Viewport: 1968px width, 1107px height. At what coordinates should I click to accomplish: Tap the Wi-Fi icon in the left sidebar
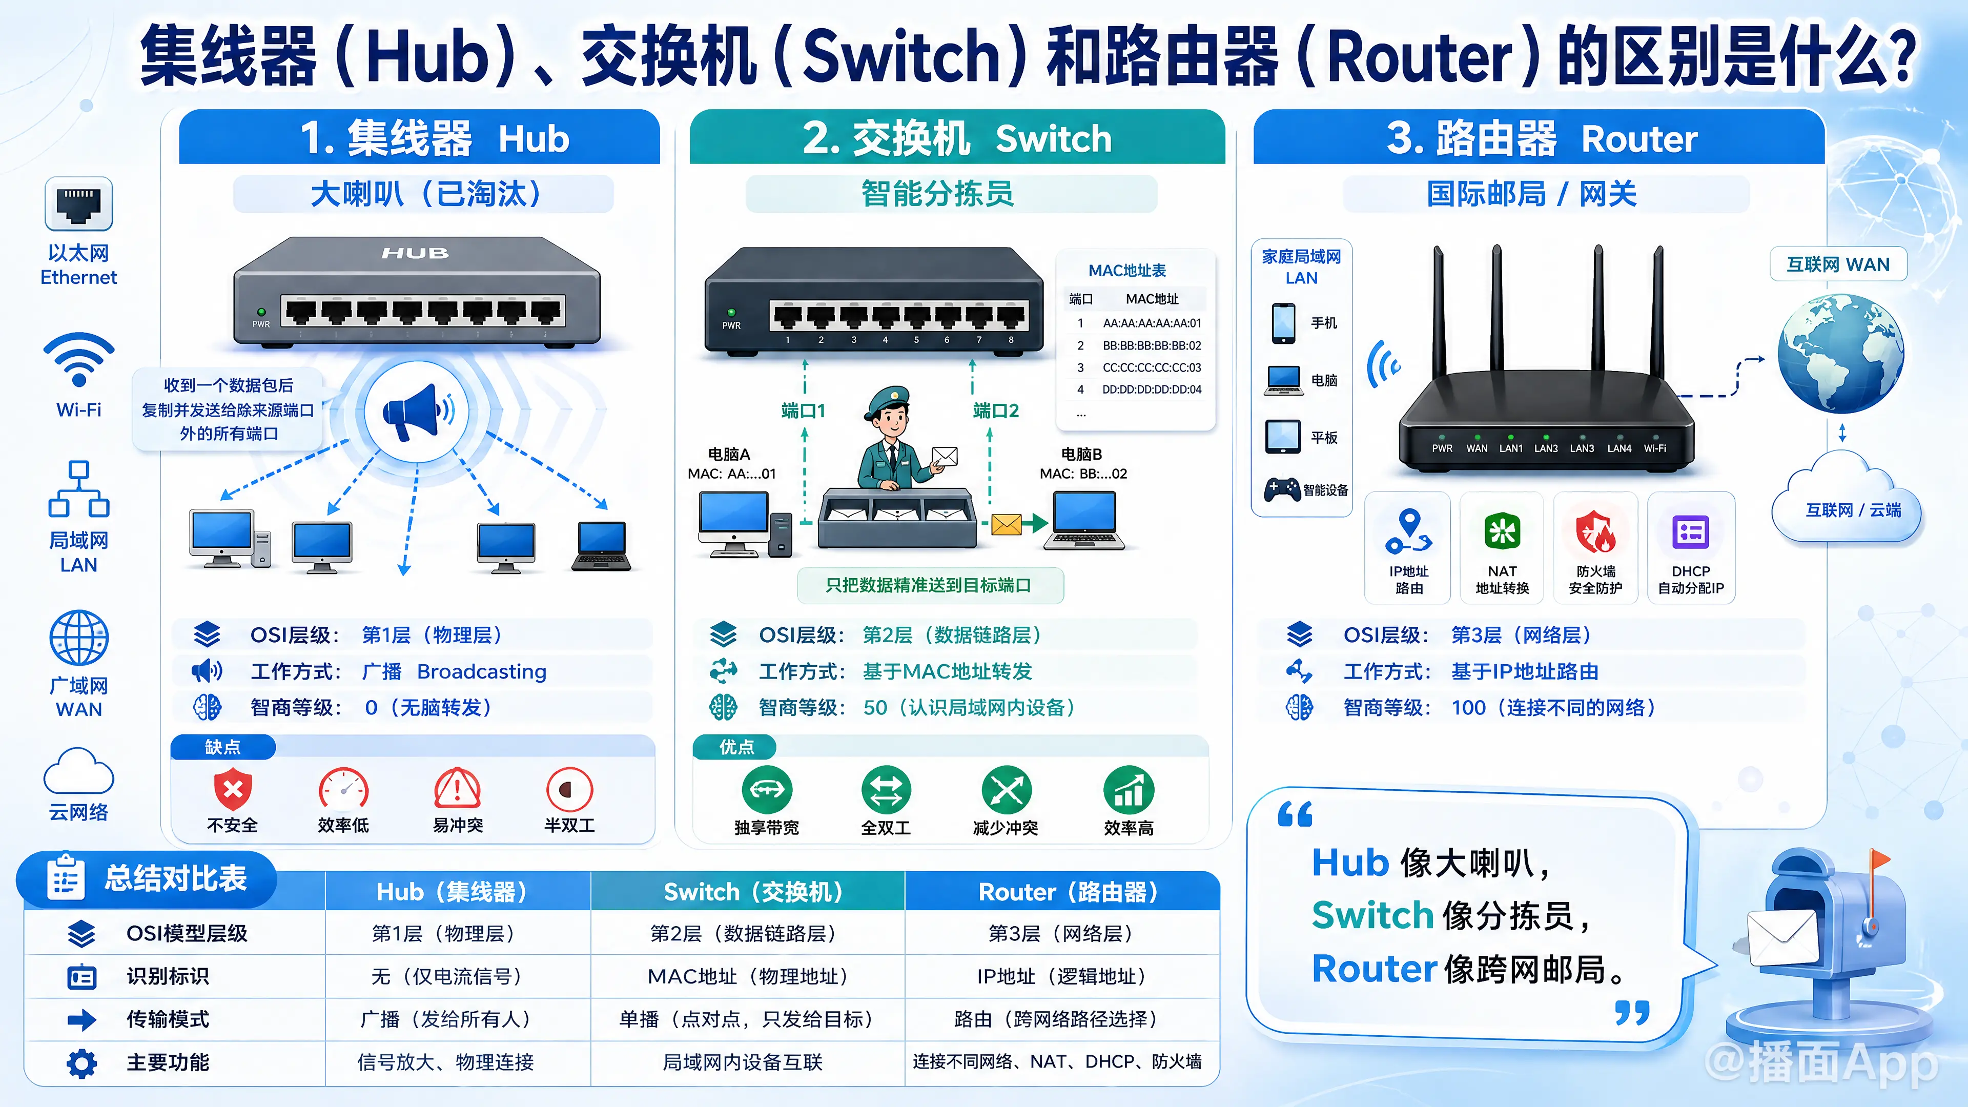coord(79,359)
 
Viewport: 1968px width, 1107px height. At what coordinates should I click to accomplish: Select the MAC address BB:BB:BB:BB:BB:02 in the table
coord(1151,345)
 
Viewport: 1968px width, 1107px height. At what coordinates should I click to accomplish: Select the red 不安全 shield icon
coord(233,789)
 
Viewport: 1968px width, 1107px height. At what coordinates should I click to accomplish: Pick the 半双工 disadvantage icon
coord(569,789)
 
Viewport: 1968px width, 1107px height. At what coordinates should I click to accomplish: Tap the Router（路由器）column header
coord(1069,892)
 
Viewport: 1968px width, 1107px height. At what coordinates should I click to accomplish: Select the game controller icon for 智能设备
coord(1282,489)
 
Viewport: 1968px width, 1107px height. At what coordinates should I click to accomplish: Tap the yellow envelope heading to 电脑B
coord(1006,524)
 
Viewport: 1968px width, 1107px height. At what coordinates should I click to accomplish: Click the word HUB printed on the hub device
coord(415,253)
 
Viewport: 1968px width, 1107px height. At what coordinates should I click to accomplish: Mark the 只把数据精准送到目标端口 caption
coord(929,585)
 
